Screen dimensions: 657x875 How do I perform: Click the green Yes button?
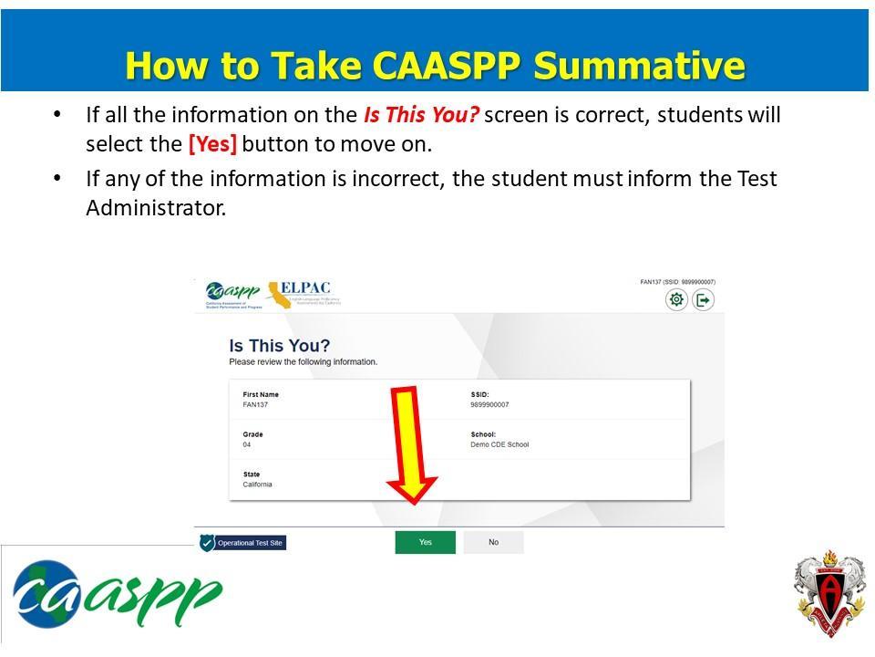point(425,542)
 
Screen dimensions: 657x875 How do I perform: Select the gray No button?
point(493,542)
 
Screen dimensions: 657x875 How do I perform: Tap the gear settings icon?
point(676,299)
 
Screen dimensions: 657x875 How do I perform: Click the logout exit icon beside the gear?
point(703,299)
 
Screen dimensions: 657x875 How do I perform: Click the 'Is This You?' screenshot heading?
point(279,346)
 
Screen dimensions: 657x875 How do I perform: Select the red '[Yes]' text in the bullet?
point(212,144)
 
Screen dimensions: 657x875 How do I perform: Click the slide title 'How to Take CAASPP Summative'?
point(435,66)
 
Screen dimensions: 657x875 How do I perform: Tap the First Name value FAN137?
point(255,404)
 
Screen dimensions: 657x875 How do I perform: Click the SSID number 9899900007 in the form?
point(489,404)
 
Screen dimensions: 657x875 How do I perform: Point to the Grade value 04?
point(247,444)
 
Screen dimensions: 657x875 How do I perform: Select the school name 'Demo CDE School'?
point(499,444)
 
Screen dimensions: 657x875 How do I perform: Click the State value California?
point(257,485)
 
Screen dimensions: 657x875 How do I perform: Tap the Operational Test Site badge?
point(242,543)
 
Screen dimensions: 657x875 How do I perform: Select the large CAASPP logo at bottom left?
point(117,593)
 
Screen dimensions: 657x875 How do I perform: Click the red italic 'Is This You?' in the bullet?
point(421,115)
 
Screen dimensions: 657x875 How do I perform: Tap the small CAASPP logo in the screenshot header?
point(232,293)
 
